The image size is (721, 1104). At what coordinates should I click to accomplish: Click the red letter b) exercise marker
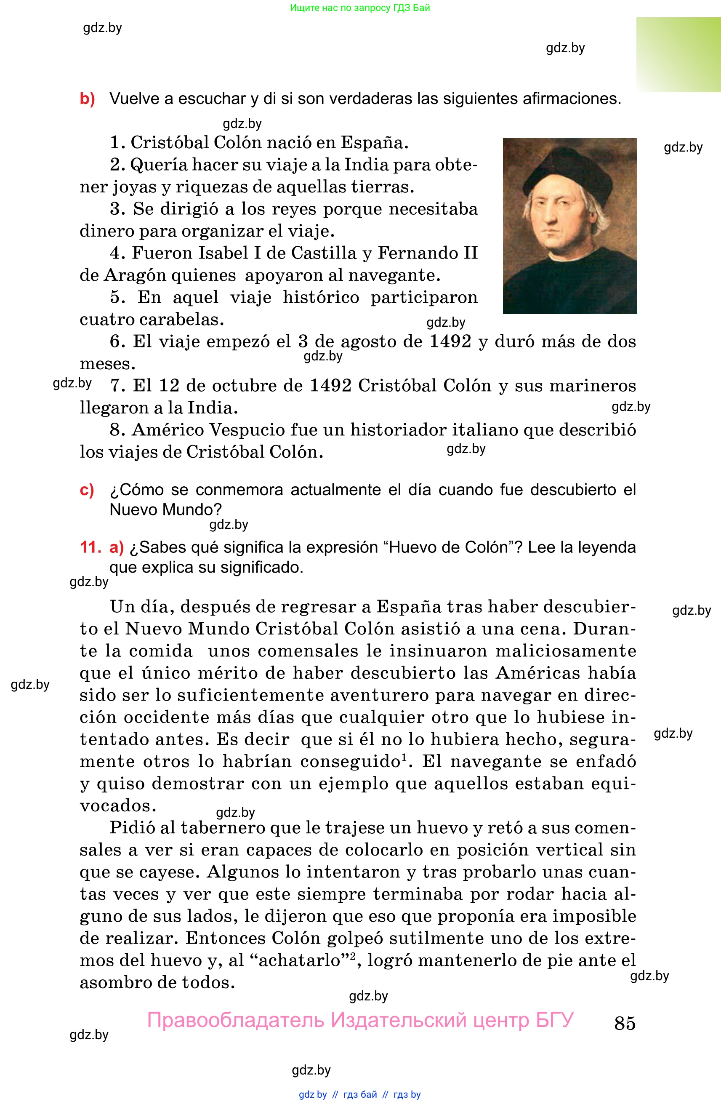(87, 99)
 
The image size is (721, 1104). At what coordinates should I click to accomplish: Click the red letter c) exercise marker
(87, 490)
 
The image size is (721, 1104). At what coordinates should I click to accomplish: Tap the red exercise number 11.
(90, 547)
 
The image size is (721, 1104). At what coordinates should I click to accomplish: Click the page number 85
(625, 1023)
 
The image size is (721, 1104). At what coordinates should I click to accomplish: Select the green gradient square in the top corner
(678, 55)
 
